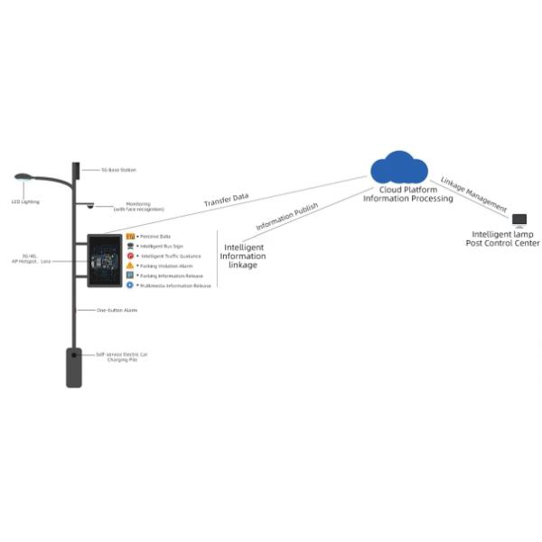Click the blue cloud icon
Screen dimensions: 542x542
click(x=398, y=167)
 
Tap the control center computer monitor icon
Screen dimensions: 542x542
click(x=519, y=220)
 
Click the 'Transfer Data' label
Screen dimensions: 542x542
click(x=226, y=200)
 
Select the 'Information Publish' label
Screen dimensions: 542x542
click(x=286, y=217)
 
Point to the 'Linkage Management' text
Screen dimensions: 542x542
click(x=473, y=193)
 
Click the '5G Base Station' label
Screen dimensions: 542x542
click(x=118, y=170)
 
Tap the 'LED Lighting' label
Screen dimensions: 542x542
click(x=25, y=201)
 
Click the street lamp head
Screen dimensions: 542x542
click(x=23, y=177)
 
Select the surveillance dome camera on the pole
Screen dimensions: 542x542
click(x=90, y=206)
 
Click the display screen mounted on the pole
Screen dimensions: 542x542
click(x=104, y=260)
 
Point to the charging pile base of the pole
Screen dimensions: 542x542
click(x=74, y=368)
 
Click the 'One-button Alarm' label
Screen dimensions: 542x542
click(x=117, y=310)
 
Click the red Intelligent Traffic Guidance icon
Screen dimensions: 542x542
click(x=130, y=256)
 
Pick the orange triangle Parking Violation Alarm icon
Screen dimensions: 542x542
click(x=130, y=266)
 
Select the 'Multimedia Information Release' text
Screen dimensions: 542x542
click(x=175, y=285)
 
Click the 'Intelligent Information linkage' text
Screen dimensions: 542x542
click(x=243, y=256)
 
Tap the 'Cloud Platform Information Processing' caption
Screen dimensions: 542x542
click(x=407, y=194)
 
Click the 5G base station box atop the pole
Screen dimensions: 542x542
click(x=76, y=170)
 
